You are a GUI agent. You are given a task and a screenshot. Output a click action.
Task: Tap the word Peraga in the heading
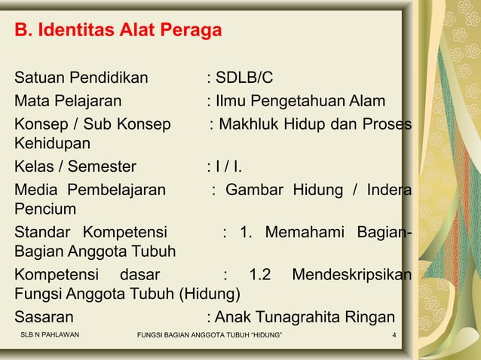point(192,32)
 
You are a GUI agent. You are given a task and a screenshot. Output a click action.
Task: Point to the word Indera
point(388,189)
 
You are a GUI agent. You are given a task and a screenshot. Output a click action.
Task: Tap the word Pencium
point(43,209)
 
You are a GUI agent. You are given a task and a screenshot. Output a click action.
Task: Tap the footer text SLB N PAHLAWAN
point(50,334)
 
